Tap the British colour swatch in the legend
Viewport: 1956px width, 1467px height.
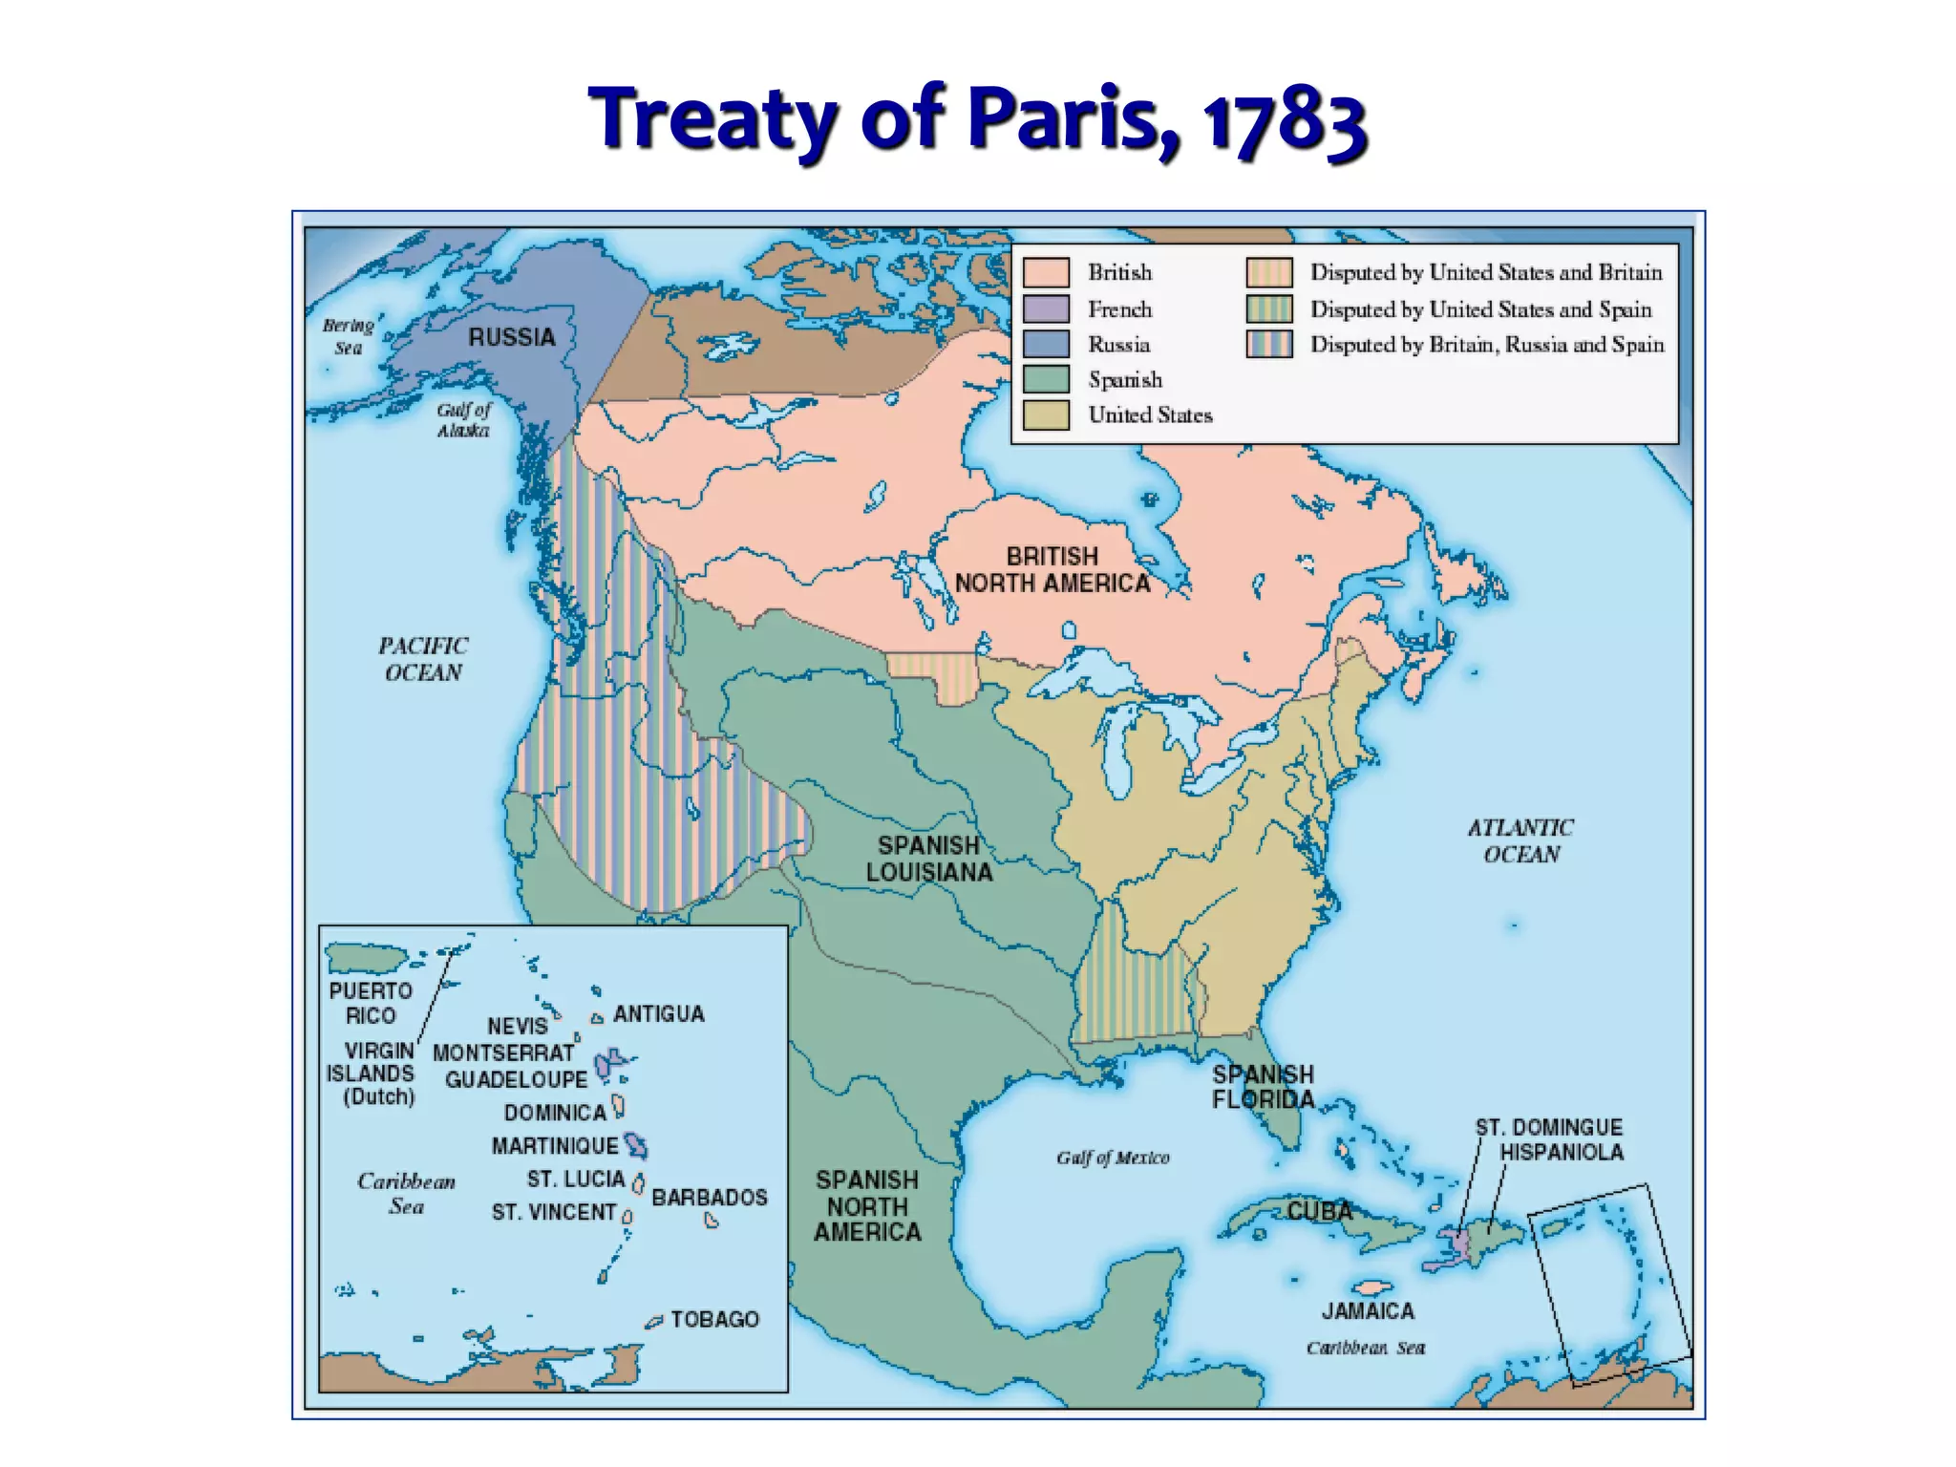(1046, 272)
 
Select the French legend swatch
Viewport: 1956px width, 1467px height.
(1046, 308)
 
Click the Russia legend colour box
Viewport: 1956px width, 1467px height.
(1046, 344)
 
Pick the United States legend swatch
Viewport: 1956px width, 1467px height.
(1046, 415)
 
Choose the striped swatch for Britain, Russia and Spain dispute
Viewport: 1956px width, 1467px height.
(1268, 344)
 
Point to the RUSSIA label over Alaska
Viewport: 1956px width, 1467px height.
(512, 337)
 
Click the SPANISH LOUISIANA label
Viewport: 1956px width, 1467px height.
(929, 859)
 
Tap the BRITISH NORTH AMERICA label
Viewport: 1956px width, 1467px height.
(1052, 570)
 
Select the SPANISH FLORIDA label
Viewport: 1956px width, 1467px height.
(1263, 1087)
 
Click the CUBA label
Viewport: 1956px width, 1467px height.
(1320, 1211)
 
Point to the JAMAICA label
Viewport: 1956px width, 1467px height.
(1368, 1311)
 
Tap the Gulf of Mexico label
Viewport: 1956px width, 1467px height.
(1113, 1158)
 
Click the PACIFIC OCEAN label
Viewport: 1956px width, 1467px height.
(423, 659)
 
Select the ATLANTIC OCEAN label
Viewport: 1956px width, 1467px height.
(1520, 840)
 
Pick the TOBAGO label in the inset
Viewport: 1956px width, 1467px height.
(714, 1319)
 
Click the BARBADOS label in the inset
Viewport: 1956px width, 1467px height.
(709, 1197)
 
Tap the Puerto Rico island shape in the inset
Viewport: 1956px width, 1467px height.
(366, 956)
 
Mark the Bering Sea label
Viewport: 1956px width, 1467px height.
(348, 336)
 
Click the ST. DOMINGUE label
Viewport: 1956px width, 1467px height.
(1548, 1127)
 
